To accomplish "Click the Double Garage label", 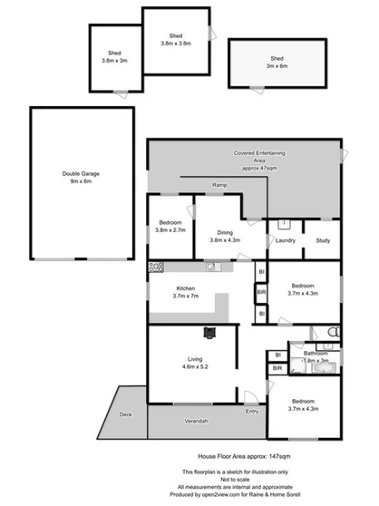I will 77,178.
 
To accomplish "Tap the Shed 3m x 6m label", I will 277,62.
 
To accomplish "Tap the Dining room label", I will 224,236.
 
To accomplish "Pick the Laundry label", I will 287,240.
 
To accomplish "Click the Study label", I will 323,240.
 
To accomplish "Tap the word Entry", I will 251,411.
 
